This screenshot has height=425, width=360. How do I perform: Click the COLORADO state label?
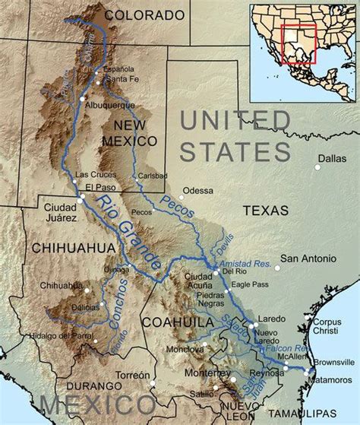(144, 14)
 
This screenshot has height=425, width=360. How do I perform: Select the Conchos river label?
(119, 303)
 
